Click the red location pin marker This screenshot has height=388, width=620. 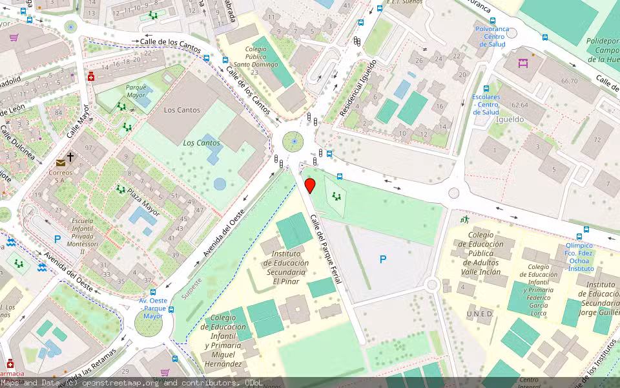click(310, 186)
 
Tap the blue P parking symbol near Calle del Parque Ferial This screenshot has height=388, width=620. click(383, 259)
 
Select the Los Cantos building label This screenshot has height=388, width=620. click(182, 110)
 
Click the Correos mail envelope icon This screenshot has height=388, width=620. click(60, 162)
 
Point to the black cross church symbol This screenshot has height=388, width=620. click(70, 157)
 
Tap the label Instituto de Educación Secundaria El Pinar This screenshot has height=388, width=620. click(285, 267)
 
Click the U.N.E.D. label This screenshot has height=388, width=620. click(480, 314)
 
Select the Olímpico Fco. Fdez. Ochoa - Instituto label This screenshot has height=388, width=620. click(579, 257)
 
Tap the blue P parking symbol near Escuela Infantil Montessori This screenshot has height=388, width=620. click(57, 239)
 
